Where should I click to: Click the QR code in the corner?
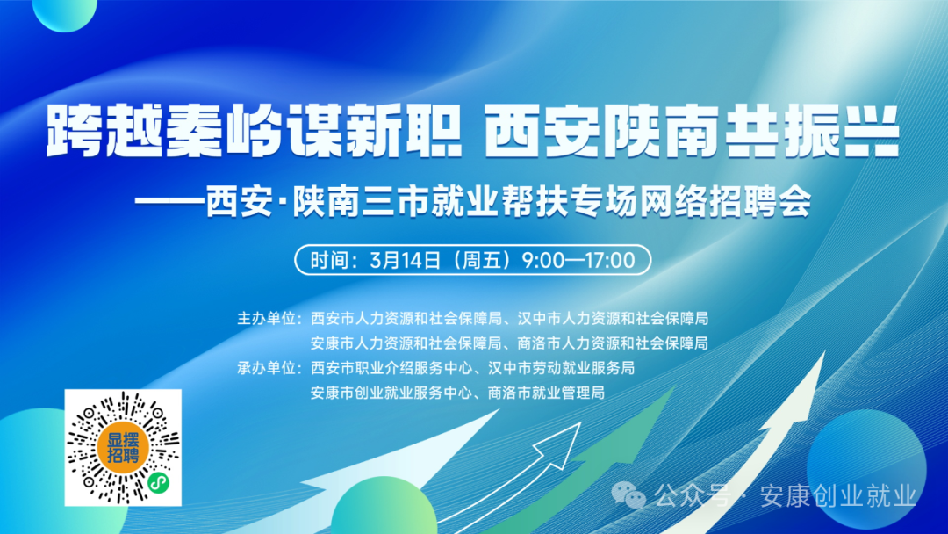click(x=123, y=448)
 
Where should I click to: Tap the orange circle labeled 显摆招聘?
click(x=123, y=448)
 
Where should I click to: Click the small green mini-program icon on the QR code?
click(x=158, y=482)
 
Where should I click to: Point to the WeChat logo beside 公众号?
click(x=628, y=496)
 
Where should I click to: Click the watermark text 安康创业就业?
click(x=838, y=496)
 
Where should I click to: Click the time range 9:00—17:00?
click(x=578, y=260)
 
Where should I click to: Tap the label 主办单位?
click(x=265, y=318)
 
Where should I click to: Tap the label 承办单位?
click(x=265, y=368)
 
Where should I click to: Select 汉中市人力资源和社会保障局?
click(x=613, y=318)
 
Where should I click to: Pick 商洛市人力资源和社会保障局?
click(x=613, y=343)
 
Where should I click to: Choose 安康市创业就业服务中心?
click(x=391, y=393)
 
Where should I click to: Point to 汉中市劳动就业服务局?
click(x=561, y=368)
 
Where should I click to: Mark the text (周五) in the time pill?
click(x=482, y=260)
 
